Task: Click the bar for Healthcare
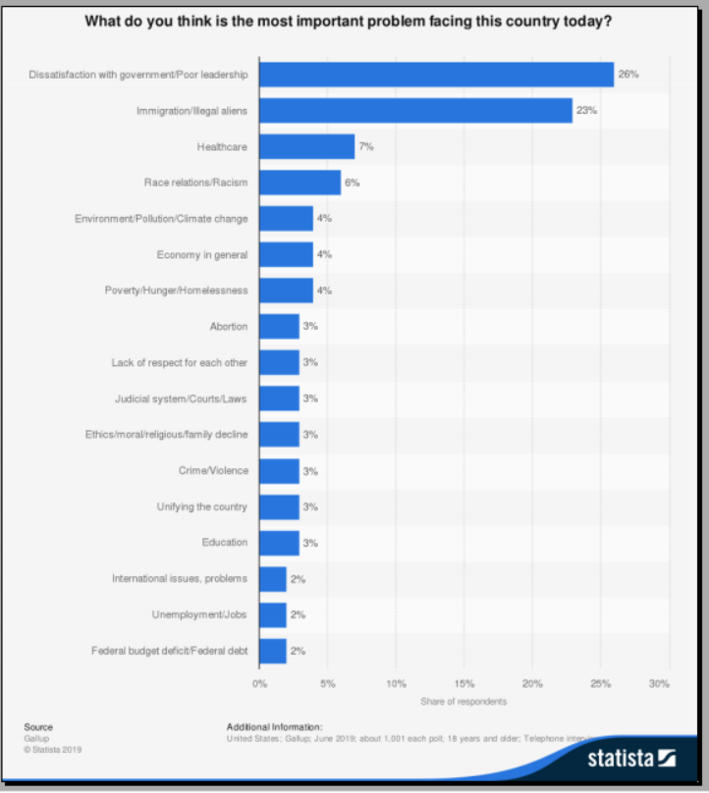[x=306, y=147]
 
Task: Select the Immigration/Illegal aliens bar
[x=415, y=111]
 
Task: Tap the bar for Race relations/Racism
[x=300, y=183]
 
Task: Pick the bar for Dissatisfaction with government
[x=436, y=75]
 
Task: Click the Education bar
[x=279, y=543]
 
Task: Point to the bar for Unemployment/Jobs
[x=272, y=614]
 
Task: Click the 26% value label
[x=628, y=75]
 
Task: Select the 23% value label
[x=586, y=111]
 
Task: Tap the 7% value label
[x=366, y=147]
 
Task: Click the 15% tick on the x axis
[x=464, y=683]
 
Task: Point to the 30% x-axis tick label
[x=660, y=683]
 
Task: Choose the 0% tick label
[x=260, y=683]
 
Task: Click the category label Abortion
[x=228, y=327]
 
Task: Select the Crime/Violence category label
[x=213, y=471]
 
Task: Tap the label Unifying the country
[x=201, y=506]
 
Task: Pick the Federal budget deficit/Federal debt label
[x=169, y=651]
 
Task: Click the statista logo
[x=632, y=758]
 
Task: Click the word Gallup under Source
[x=36, y=738]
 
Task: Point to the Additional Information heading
[x=274, y=727]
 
